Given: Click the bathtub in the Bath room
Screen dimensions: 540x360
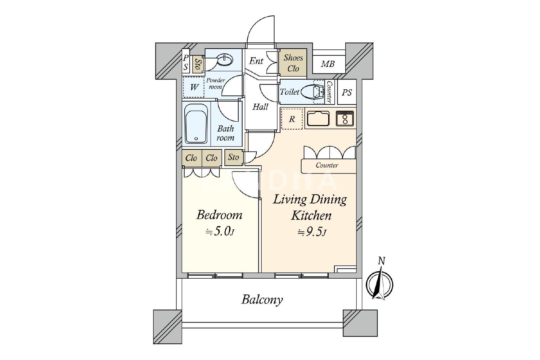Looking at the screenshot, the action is (x=196, y=124).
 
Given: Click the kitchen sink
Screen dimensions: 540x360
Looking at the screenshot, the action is (x=318, y=118).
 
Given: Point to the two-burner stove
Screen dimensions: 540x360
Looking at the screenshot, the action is (x=345, y=118).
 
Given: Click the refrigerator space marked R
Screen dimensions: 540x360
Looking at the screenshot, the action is (x=292, y=119).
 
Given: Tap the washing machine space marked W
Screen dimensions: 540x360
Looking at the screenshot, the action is (x=194, y=87).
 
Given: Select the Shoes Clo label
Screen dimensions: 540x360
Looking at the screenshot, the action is (x=293, y=63).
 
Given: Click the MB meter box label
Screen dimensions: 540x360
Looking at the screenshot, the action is (x=328, y=64).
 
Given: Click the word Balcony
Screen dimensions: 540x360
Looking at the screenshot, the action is (x=262, y=300).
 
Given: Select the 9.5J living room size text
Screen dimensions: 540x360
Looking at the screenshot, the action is (x=312, y=232).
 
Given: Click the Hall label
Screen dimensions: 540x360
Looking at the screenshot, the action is (x=260, y=107).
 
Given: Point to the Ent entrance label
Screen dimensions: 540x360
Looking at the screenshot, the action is (x=256, y=61).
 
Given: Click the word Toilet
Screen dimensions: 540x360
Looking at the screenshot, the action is (x=289, y=92).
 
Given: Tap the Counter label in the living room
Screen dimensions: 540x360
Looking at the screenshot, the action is (x=327, y=165).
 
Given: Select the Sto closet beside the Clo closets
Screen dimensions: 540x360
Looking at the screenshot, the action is (x=234, y=157).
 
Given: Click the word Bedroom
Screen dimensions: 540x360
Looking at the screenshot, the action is (x=219, y=215).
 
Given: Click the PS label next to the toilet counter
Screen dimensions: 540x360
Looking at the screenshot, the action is (x=347, y=93).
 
